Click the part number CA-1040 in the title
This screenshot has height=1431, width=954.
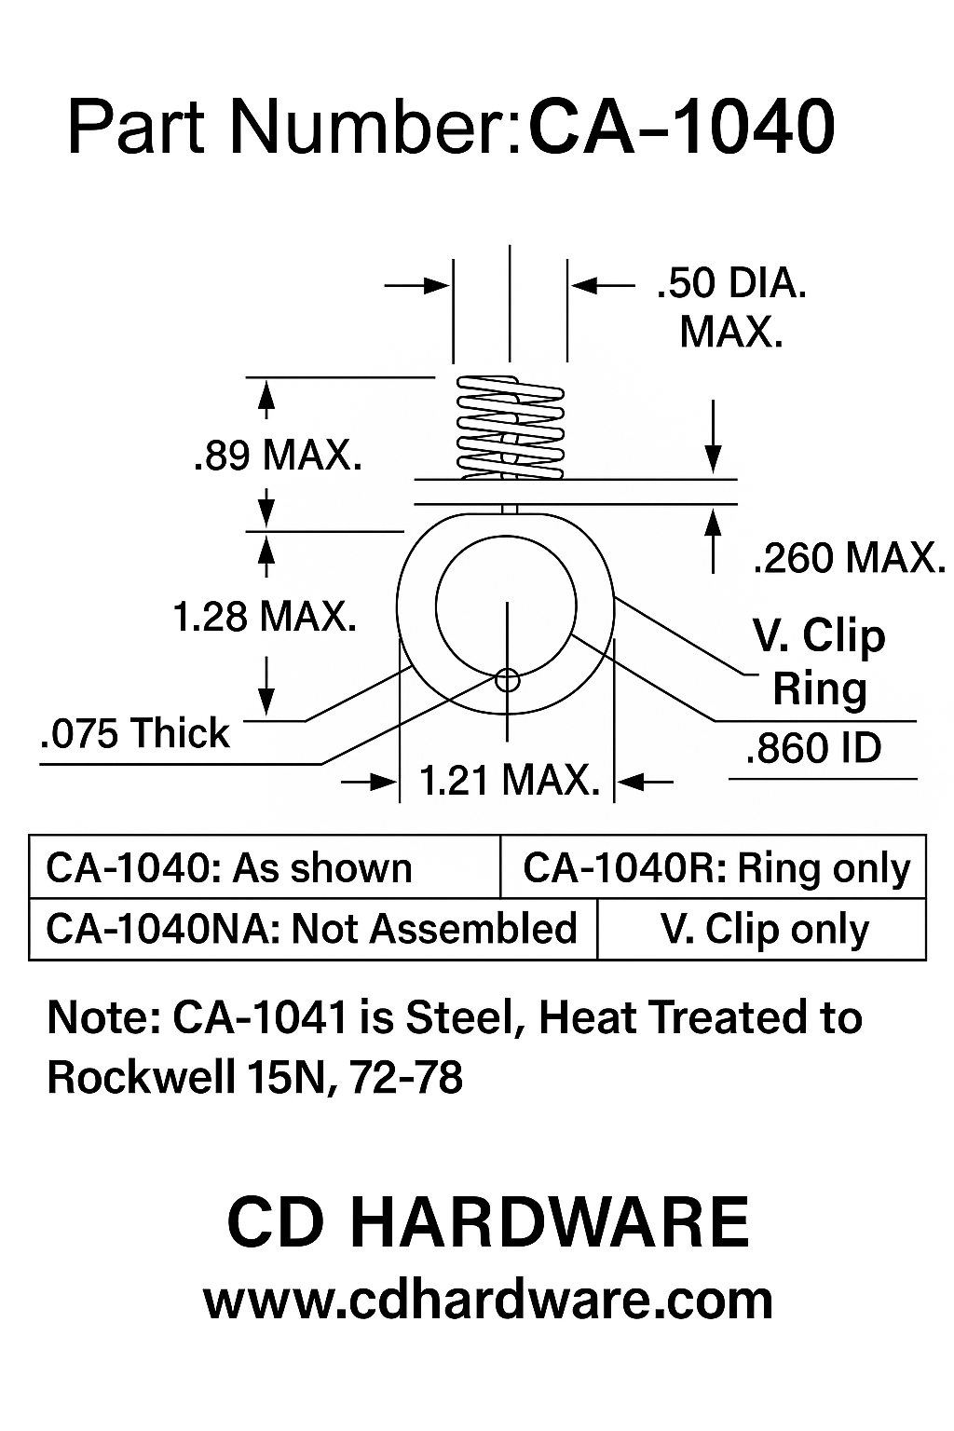click(681, 128)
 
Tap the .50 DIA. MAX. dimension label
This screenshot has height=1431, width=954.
click(731, 307)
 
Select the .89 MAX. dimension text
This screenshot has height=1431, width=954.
click(278, 457)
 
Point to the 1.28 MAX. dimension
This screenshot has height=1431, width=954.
click(266, 616)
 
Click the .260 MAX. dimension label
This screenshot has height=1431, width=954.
click(847, 558)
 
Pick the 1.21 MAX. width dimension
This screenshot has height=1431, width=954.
click(509, 781)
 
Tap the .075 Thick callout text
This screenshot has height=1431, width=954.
click(135, 734)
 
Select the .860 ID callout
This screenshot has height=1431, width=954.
click(813, 748)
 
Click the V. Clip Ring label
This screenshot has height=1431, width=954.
click(819, 661)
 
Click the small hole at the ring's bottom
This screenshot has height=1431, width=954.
click(508, 679)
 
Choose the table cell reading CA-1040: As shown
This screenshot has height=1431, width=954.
click(229, 868)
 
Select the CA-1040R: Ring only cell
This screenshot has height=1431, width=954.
click(715, 868)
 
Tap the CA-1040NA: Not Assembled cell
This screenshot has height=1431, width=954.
click(311, 929)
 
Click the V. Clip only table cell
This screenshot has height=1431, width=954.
click(764, 929)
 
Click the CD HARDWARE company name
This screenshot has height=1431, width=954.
click(488, 1223)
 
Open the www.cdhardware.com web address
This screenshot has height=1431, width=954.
click(488, 1301)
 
